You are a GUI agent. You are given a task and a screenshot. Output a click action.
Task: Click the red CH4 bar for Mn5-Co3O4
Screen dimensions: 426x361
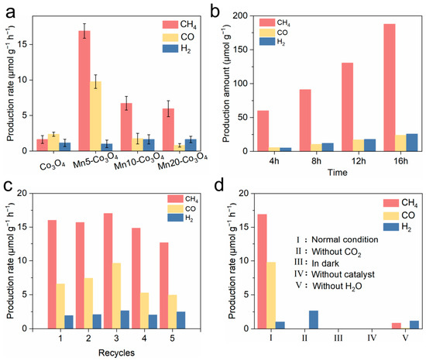[84, 91]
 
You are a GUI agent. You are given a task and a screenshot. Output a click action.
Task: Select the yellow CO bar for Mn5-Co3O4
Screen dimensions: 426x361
[95, 116]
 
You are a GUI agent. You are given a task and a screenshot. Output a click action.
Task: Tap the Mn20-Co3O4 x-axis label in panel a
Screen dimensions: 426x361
[182, 161]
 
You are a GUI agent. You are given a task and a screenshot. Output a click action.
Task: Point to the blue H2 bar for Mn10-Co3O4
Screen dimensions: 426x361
[149, 145]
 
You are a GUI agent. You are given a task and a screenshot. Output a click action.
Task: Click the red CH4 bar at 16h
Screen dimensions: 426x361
[390, 88]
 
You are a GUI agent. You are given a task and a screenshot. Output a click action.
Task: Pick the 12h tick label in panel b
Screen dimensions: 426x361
[359, 161]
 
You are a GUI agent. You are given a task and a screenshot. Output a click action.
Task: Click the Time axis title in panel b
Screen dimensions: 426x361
[337, 173]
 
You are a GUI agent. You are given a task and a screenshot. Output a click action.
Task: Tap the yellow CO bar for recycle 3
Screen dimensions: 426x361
[116, 296]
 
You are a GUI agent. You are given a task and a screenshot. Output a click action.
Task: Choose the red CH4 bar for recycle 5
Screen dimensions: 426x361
[164, 286]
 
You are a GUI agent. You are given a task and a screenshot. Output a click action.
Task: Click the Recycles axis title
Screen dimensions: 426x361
[116, 352]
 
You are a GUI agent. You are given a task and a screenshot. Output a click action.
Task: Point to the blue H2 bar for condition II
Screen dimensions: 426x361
[314, 320]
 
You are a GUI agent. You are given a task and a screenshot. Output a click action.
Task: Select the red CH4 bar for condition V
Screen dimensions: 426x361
[397, 325]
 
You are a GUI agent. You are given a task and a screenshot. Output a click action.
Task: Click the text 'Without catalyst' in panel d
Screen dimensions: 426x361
[343, 274]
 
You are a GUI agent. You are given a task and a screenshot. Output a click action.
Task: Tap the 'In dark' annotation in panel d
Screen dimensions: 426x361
[325, 263]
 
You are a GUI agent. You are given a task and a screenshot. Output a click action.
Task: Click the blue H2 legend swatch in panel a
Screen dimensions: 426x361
[170, 49]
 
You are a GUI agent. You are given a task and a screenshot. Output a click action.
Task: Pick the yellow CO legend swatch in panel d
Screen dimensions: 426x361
[391, 215]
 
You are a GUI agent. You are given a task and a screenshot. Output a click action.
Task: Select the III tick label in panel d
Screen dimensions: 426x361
[338, 339]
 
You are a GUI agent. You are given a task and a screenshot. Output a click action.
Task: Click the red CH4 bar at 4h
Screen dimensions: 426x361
[263, 131]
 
